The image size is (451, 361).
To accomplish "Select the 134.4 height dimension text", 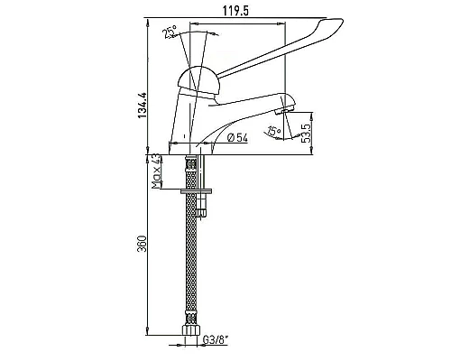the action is click(143, 105).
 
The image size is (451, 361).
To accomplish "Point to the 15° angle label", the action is click(274, 131).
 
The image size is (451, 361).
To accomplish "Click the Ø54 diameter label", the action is click(237, 138).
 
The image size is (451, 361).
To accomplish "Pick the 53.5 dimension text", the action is click(307, 134).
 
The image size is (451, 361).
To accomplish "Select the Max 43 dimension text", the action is click(156, 171).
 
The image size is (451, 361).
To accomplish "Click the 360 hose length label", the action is click(142, 244).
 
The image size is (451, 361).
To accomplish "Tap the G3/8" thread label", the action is click(216, 340).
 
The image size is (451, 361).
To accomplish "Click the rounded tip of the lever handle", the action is click(339, 22).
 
